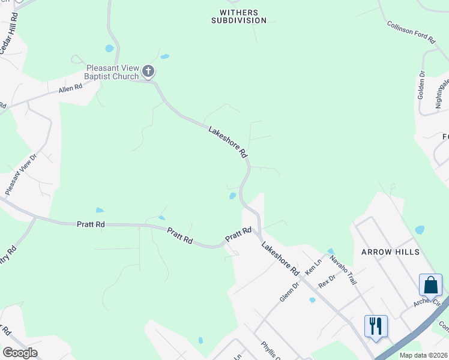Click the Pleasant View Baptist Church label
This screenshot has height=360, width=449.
112,72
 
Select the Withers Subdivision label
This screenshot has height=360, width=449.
238,16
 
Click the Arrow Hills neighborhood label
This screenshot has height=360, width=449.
390,252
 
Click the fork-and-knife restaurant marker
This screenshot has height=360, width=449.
376,327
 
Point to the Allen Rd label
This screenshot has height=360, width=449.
70,89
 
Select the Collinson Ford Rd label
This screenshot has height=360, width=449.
411,32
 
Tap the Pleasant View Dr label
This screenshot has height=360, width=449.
21,173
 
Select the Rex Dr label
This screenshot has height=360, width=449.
327,281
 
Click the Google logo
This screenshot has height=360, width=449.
20,353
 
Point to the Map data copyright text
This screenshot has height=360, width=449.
423,355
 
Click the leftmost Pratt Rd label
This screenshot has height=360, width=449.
91,224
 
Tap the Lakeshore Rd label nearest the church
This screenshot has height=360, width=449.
228,142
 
